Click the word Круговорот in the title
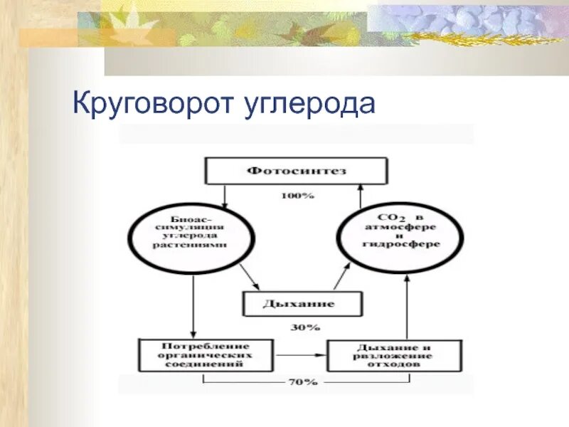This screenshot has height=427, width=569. [x=150, y=104]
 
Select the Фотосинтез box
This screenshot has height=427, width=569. [x=297, y=171]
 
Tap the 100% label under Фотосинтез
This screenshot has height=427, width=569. [x=296, y=195]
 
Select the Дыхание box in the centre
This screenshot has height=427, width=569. [x=299, y=304]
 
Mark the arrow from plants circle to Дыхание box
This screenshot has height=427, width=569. [x=249, y=275]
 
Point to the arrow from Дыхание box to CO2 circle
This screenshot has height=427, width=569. [x=342, y=275]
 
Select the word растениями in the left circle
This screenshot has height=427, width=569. [x=189, y=244]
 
